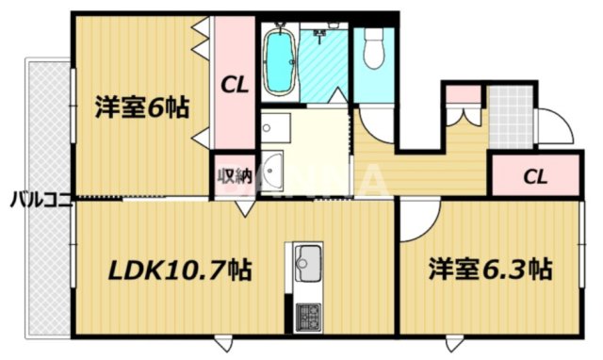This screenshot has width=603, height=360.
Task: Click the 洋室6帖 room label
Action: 141,107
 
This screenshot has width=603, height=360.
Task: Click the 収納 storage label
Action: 234,173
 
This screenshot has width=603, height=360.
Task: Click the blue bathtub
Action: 279,62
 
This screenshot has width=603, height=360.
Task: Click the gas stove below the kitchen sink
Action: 308,315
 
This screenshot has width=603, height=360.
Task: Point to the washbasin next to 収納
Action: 272,171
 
